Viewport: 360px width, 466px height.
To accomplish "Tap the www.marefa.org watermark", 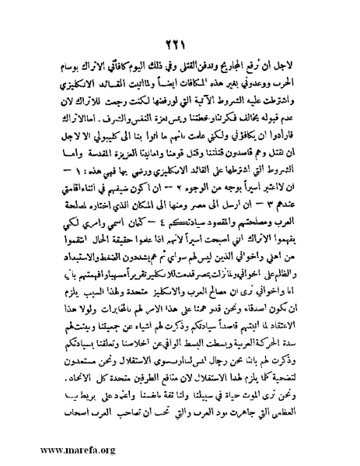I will [x=49, y=450].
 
